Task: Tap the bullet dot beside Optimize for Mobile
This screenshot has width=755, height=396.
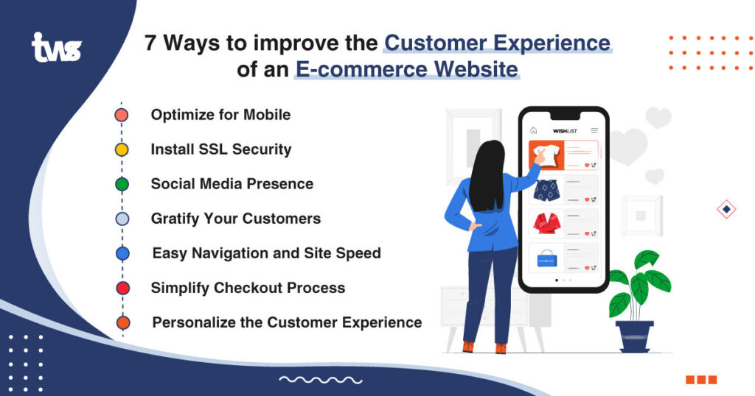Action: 122,115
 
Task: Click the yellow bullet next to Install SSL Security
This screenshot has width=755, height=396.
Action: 122,149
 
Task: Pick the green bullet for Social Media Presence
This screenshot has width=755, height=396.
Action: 122,184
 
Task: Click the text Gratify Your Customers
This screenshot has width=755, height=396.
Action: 235,219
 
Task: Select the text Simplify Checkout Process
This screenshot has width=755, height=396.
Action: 248,288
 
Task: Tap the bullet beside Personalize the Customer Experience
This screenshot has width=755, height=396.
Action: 122,322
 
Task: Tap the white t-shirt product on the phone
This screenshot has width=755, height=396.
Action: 545,155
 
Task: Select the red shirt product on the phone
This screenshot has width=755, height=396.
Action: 546,223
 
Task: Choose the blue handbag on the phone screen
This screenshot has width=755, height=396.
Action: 546,258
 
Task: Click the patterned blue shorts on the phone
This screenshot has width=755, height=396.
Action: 546,189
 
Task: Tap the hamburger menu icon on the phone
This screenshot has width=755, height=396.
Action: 594,130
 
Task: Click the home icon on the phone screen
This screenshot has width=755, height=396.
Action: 534,130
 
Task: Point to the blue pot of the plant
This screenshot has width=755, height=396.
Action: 635,335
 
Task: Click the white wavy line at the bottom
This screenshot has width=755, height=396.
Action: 320,380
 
